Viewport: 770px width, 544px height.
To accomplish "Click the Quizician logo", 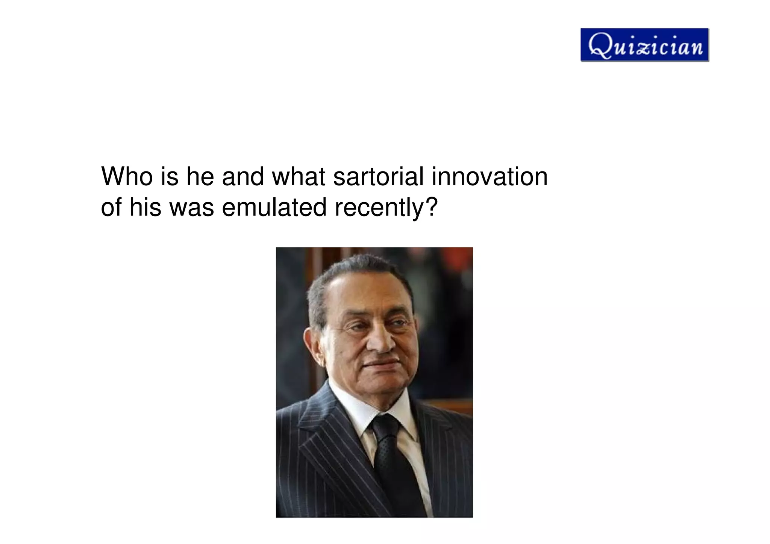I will pyautogui.click(x=644, y=45).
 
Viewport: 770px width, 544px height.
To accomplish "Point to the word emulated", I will pyautogui.click(x=274, y=207).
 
